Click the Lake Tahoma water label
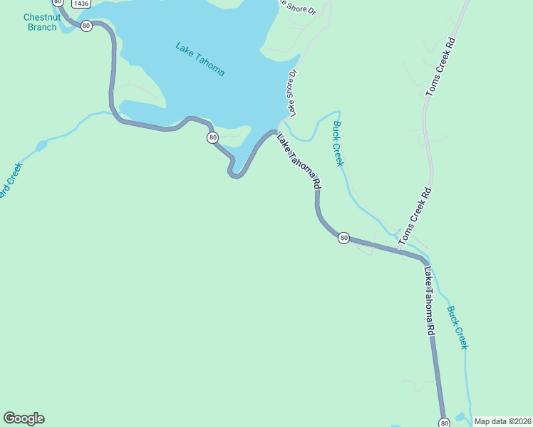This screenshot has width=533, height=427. (200, 60)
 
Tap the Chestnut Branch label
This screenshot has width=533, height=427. (41, 22)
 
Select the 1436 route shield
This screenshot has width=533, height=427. (81, 4)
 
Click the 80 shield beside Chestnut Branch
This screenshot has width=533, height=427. (86, 26)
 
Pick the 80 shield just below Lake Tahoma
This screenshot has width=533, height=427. (212, 137)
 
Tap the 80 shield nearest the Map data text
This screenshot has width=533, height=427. (445, 423)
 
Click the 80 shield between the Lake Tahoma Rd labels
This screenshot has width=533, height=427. (343, 238)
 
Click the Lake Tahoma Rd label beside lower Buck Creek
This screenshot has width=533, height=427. (429, 301)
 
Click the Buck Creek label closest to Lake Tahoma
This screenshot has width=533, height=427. (338, 144)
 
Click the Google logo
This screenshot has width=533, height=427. (24, 418)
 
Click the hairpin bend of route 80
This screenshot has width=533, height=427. (234, 173)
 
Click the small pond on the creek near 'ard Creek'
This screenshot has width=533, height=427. (40, 147)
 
